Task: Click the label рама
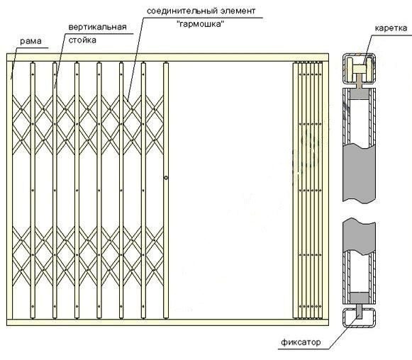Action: (30, 41)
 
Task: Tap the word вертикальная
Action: (97, 27)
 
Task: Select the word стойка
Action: (82, 40)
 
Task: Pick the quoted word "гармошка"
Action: (201, 24)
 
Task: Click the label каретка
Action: (391, 28)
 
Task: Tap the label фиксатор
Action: (301, 342)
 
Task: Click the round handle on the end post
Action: (166, 178)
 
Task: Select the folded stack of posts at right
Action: (308, 190)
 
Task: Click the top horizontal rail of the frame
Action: (167, 57)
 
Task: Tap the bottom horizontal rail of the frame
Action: (167, 322)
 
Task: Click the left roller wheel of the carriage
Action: (350, 69)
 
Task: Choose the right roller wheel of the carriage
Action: (369, 69)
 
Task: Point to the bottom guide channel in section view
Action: (359, 317)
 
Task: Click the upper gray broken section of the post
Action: (360, 172)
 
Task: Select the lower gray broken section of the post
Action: (359, 236)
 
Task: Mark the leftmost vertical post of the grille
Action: (33, 190)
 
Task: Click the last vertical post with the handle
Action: (165, 190)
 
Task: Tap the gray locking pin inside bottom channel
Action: (360, 311)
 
